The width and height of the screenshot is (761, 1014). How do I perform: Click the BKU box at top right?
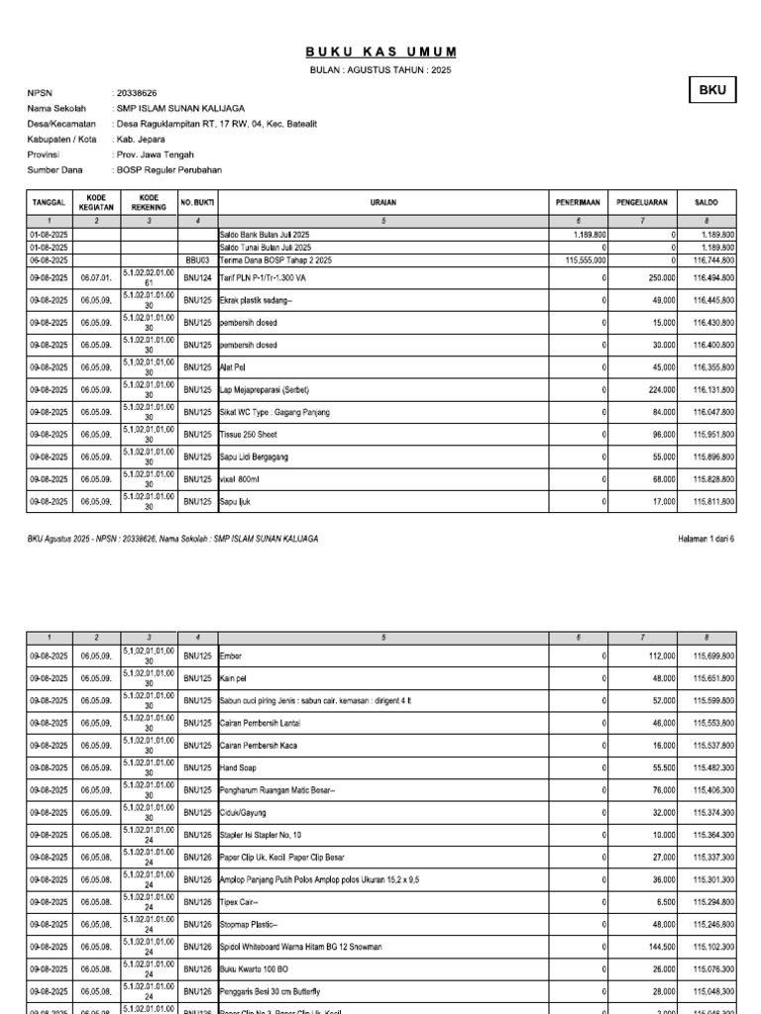coord(713,90)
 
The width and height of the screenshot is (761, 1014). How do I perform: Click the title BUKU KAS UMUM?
coord(380,51)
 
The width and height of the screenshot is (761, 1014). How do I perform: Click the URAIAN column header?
coord(383,202)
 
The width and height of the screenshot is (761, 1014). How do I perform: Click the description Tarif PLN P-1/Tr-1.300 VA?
coord(267,278)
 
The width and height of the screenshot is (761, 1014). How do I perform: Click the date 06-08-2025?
coord(49,259)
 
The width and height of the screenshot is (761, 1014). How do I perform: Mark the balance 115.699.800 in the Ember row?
coord(713,657)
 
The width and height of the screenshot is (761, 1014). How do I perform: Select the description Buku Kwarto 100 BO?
coord(257,968)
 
